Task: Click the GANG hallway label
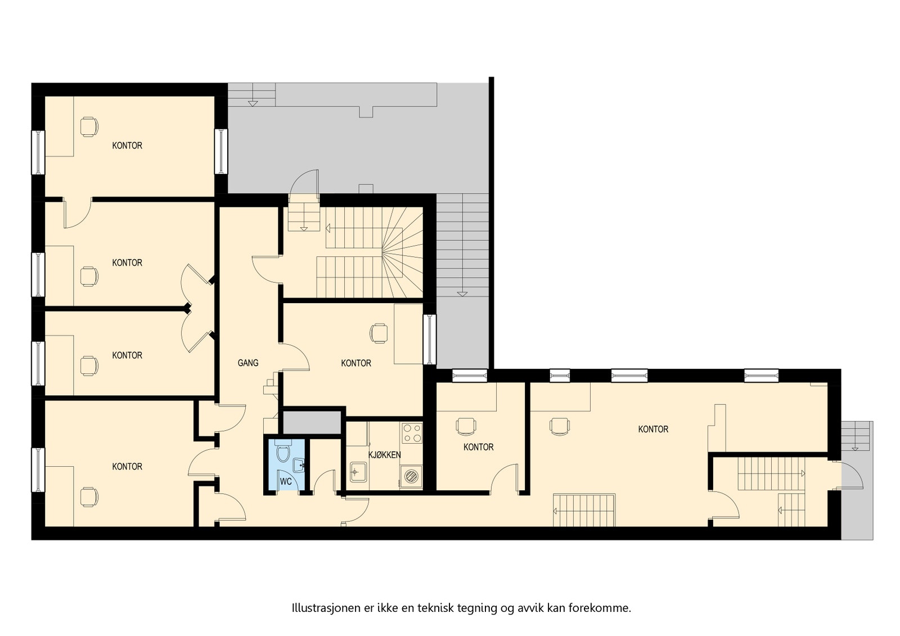tap(248, 363)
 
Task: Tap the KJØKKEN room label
tap(384, 454)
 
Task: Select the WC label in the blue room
tap(286, 482)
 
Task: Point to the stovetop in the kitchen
tap(412, 432)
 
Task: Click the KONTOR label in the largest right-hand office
tap(653, 430)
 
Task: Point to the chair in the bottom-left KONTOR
tap(88, 496)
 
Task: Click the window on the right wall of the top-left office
tap(222, 151)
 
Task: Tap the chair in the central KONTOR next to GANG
tap(379, 333)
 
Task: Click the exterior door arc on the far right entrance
tap(852, 475)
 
